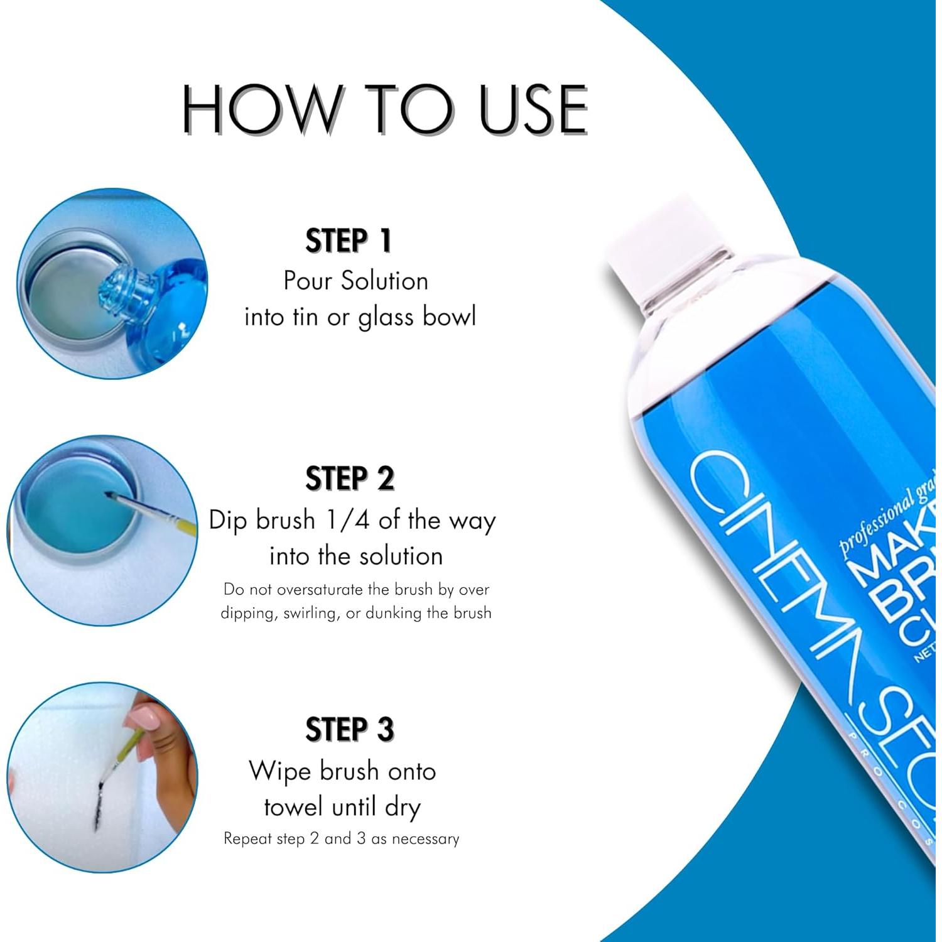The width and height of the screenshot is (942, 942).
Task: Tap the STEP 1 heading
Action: pos(349,241)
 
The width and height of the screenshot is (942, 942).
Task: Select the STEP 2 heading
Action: pos(350,479)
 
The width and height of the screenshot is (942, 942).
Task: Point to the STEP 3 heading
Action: pos(350,730)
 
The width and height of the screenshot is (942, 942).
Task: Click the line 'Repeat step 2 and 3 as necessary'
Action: pos(341,839)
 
